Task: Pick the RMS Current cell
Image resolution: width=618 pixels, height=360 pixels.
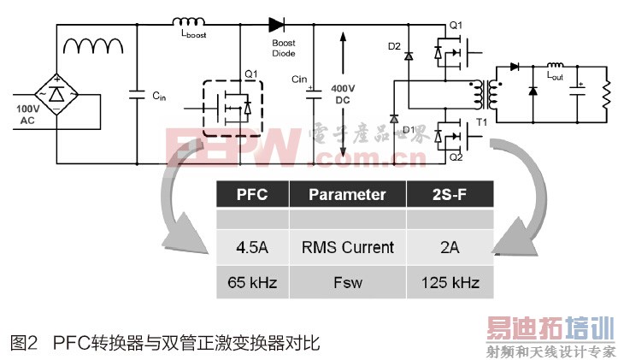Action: point(347,247)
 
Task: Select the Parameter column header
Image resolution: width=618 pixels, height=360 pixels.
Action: point(347,194)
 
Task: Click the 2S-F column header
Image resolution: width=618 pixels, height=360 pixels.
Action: point(449,194)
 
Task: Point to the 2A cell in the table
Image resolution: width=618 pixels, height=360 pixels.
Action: point(449,247)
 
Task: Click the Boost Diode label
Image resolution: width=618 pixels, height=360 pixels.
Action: point(284,47)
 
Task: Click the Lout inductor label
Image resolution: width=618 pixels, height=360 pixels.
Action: point(557,75)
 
